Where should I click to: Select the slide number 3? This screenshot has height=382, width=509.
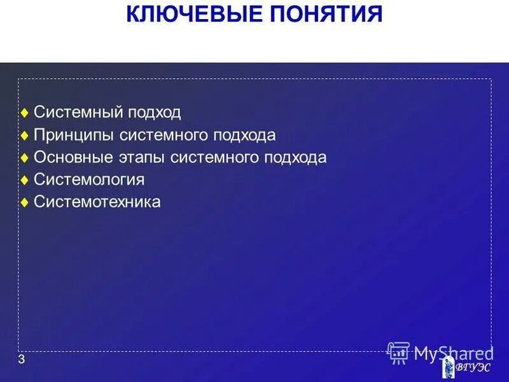22,360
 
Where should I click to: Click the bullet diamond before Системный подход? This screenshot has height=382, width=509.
24,113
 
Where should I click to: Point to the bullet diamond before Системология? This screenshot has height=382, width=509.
24,181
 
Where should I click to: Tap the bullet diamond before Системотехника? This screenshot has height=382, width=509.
24,203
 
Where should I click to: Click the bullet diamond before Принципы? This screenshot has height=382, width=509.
24,136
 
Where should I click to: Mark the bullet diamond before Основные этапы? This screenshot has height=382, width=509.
24,158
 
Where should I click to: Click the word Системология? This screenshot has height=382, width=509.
89,180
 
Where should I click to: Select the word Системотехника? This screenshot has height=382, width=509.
97,202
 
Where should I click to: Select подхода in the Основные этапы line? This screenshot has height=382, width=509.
296,158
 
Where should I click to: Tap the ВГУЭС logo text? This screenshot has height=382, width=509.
473,369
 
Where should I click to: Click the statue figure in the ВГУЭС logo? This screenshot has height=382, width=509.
449,368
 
